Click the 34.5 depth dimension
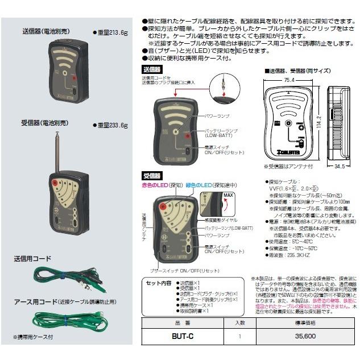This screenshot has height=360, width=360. pos(340,167)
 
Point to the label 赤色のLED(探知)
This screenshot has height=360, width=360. pos(163,185)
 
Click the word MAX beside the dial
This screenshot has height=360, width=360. pos(229,196)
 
